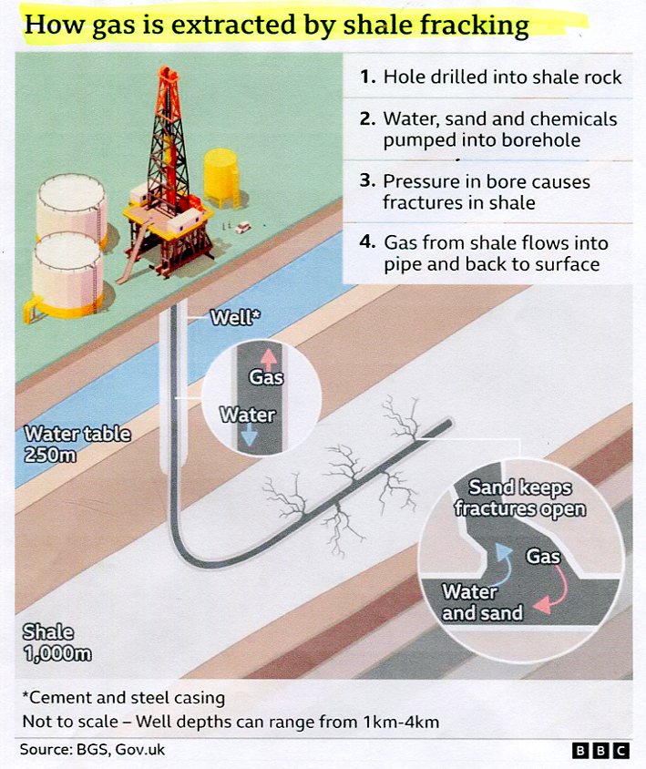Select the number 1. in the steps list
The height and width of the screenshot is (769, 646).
tap(368, 77)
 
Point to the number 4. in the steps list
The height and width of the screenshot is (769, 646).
tap(368, 242)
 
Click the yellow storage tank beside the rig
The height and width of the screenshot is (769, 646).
tap(221, 178)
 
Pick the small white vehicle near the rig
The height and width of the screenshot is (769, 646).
tap(242, 228)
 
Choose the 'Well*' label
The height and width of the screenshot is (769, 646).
tap(235, 317)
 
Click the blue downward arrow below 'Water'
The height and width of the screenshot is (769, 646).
tap(249, 435)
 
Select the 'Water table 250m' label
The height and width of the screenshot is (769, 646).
tap(77, 445)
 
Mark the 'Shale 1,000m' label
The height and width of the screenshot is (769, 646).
tap(56, 642)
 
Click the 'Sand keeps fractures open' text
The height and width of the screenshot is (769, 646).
tap(520, 498)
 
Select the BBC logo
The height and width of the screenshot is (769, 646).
tap(600, 751)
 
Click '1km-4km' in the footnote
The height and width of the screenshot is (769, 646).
tap(401, 722)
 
